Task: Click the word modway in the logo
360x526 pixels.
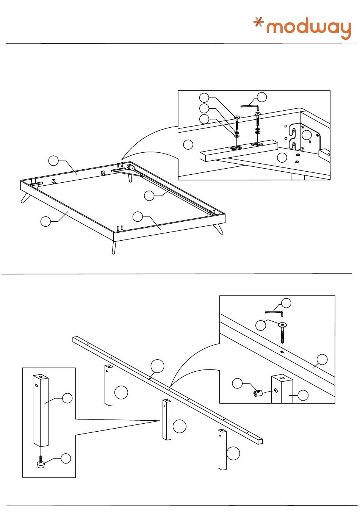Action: [x=309, y=29]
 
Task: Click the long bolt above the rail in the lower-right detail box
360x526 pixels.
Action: [x=283, y=333]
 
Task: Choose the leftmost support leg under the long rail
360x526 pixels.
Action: [x=109, y=385]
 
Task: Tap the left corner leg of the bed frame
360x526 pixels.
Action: [x=25, y=197]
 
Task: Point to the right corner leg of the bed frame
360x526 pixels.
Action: [x=219, y=229]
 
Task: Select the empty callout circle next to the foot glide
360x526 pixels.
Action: [x=66, y=458]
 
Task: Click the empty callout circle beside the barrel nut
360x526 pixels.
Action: [x=237, y=384]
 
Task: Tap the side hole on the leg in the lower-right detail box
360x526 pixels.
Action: [x=275, y=390]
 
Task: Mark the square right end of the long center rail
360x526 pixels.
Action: [x=260, y=441]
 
